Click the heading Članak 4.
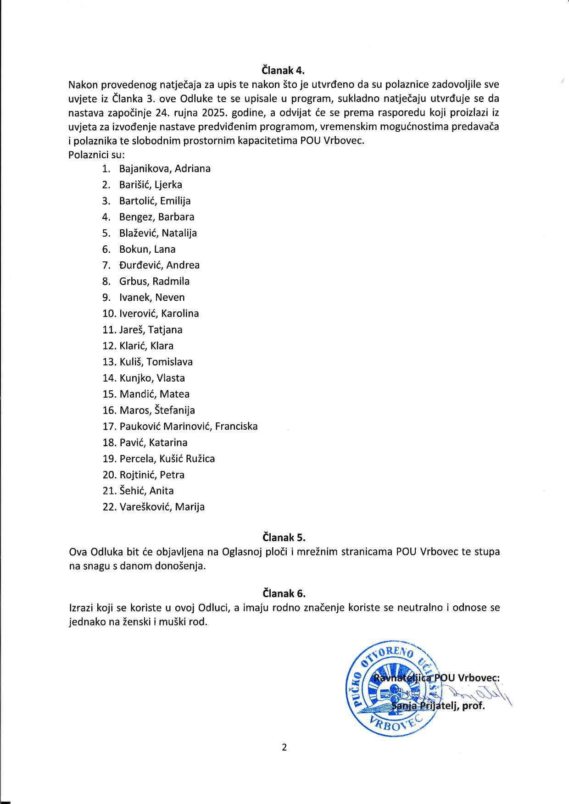pos(283,71)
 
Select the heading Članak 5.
pos(284,537)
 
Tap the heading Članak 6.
pos(284,593)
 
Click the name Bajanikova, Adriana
pos(165,168)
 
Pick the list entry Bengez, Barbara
pos(156,217)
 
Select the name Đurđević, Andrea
pos(159,265)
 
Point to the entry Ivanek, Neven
pos(152,297)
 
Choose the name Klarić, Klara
pos(146,346)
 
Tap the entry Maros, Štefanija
pos(157,410)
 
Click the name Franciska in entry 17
pos(236,426)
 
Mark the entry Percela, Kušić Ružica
pos(167,459)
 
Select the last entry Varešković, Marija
pos(162,507)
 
